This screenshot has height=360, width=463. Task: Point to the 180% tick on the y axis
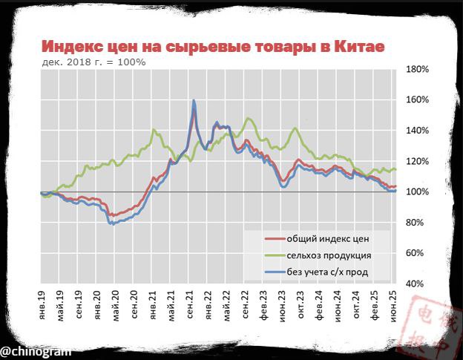pos(418,69)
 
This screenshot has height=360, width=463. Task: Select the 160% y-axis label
pos(418,100)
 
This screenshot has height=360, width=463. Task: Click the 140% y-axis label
pos(418,131)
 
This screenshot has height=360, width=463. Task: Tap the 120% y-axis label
pos(418,162)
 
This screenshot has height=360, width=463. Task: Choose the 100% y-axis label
pos(418,192)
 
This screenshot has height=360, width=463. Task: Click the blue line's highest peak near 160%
pos(194,100)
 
